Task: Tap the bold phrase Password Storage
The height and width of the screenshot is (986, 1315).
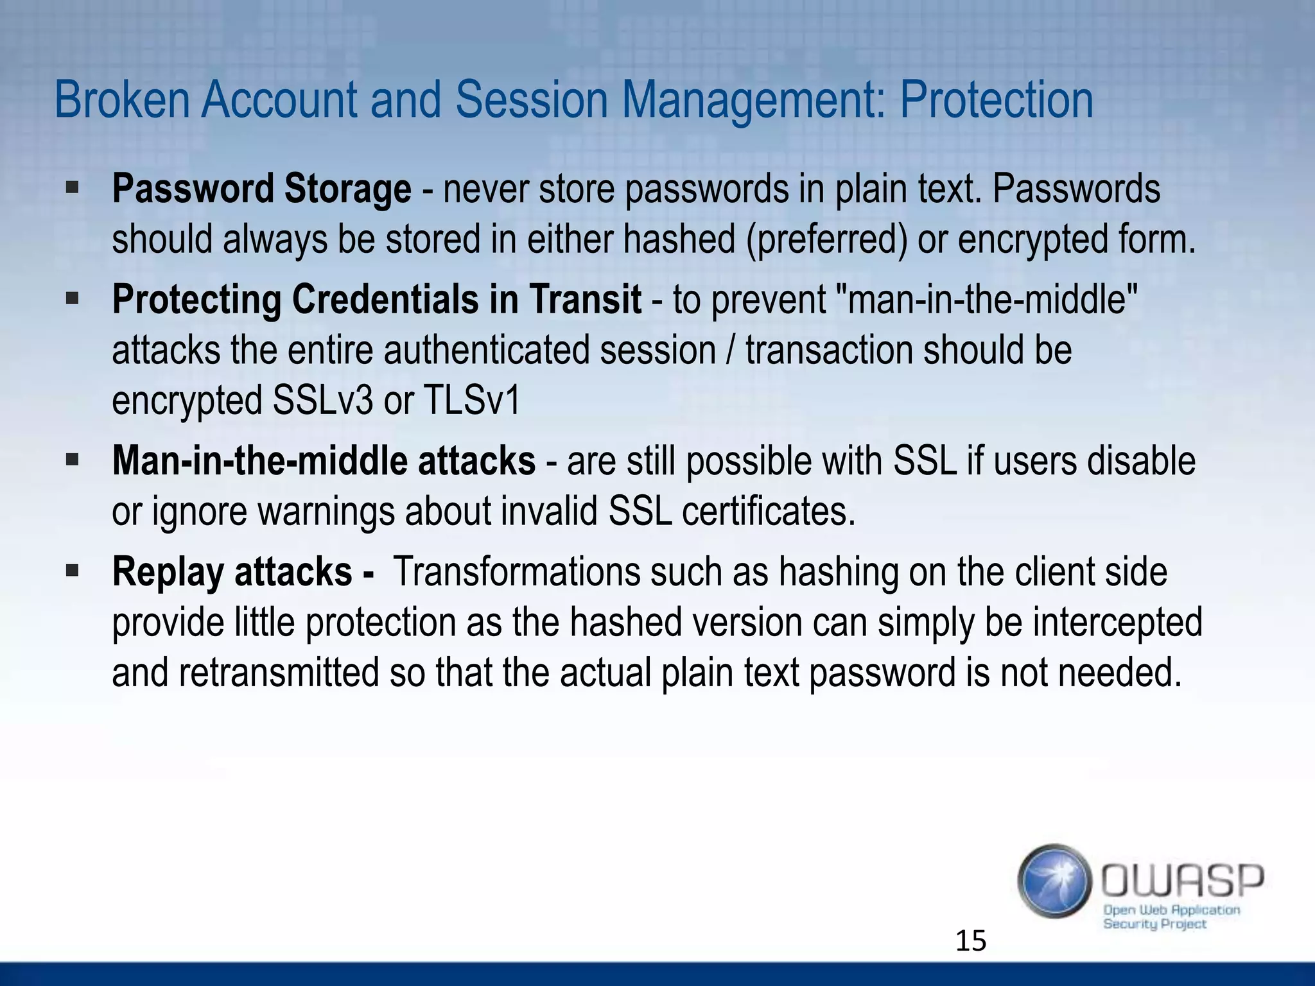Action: [261, 189]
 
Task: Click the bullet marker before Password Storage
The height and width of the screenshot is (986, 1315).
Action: [72, 188]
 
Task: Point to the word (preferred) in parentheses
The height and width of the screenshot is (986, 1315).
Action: [826, 239]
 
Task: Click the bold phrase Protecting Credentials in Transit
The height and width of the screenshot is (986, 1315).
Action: [376, 300]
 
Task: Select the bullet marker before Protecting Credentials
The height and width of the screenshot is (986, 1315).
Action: [72, 298]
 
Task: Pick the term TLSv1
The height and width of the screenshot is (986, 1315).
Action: [471, 401]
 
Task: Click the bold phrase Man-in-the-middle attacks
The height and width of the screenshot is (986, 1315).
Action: [324, 462]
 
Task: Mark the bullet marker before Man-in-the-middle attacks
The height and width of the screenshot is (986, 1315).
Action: [72, 460]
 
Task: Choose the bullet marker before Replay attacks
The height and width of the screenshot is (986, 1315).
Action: [72, 571]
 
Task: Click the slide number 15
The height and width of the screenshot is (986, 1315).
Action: [970, 941]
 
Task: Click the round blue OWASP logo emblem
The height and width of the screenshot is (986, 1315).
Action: [1054, 880]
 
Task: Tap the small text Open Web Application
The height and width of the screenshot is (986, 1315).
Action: [1171, 910]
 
